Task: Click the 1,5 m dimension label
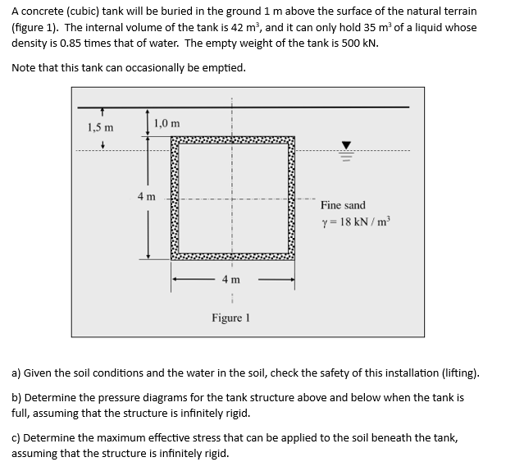[100, 128]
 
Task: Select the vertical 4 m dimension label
[146, 196]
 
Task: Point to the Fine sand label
[343, 205]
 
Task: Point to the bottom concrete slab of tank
[232, 255]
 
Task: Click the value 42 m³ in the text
[243, 27]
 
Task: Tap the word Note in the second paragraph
[25, 67]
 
